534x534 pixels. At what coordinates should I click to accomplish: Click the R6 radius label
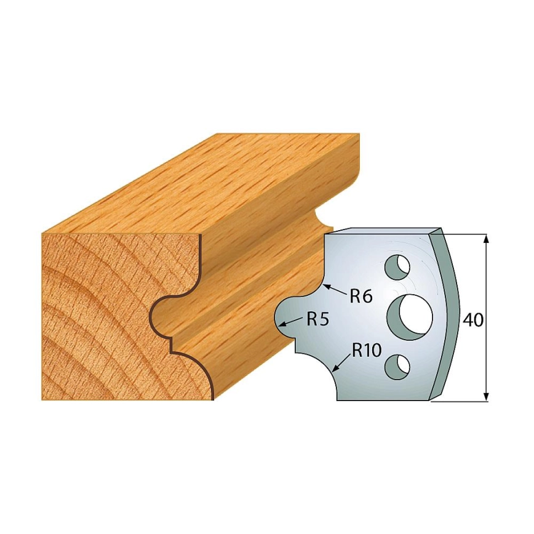click(x=361, y=297)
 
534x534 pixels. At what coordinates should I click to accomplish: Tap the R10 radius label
click(x=367, y=350)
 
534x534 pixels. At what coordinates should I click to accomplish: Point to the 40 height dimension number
click(x=473, y=320)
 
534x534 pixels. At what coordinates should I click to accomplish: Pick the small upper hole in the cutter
click(x=397, y=266)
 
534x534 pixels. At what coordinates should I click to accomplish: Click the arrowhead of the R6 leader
click(x=327, y=285)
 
